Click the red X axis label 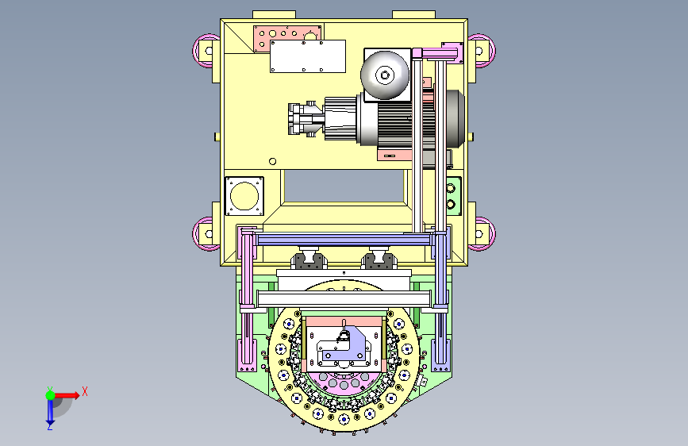pos(85,391)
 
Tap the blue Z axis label pos(50,426)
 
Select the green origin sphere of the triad pos(51,395)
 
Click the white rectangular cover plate pos(308,56)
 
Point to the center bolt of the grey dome pos(385,75)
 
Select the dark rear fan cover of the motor pos(455,118)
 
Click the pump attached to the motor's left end pos(306,119)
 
